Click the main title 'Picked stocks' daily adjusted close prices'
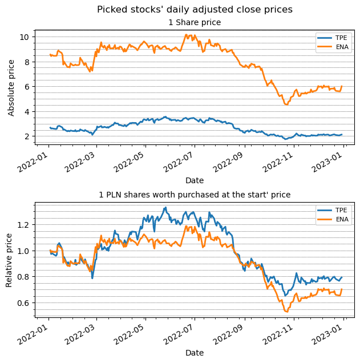[195, 10]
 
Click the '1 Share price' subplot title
[195, 23]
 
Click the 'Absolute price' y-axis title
[11, 86]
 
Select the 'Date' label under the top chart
[195, 181]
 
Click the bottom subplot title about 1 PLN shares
[195, 195]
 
